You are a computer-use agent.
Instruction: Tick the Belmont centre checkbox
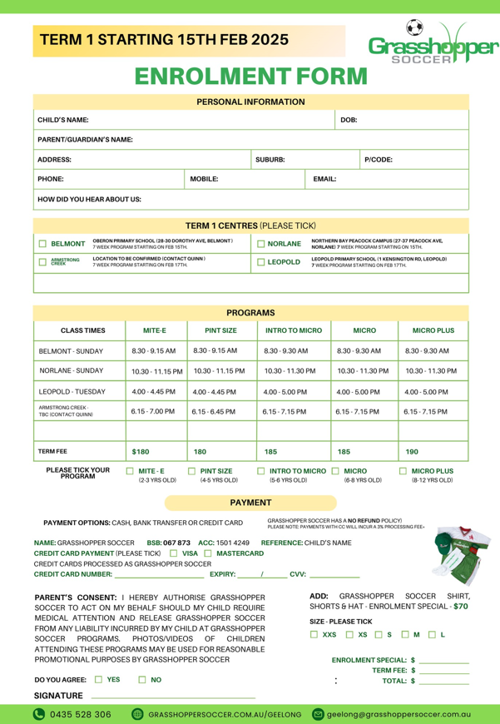pyautogui.click(x=42, y=244)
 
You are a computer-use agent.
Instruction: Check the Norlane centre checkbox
pyautogui.click(x=261, y=244)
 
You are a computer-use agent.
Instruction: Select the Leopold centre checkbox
pyautogui.click(x=261, y=262)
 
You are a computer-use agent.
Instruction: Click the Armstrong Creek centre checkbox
pyautogui.click(x=42, y=262)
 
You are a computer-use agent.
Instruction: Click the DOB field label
pyautogui.click(x=349, y=120)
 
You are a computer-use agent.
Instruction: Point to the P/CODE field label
pyautogui.click(x=379, y=159)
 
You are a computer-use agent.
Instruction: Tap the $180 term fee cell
pyautogui.click(x=141, y=451)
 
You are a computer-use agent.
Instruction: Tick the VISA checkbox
pyautogui.click(x=173, y=553)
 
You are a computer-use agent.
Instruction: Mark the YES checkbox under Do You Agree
pyautogui.click(x=99, y=680)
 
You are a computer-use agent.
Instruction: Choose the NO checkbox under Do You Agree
pyautogui.click(x=142, y=680)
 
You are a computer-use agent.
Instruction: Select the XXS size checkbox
pyautogui.click(x=314, y=635)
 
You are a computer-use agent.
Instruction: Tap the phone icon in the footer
pyautogui.click(x=38, y=714)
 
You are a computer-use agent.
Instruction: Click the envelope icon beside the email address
pyautogui.click(x=317, y=714)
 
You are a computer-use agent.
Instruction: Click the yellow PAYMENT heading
pyautogui.click(x=250, y=503)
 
